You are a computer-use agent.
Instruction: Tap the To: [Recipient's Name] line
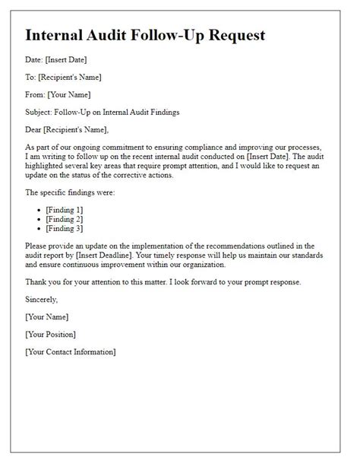point(63,77)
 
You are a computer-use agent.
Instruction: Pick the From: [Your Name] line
point(58,94)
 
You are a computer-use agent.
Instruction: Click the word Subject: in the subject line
point(41,111)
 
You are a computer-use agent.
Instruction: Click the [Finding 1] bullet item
point(65,209)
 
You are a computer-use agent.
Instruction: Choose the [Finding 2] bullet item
point(65,218)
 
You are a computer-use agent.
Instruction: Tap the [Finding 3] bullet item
point(65,228)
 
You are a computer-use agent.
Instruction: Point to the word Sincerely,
point(43,300)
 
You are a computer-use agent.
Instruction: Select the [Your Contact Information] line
point(71,351)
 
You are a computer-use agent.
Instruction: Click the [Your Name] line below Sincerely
point(47,317)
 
